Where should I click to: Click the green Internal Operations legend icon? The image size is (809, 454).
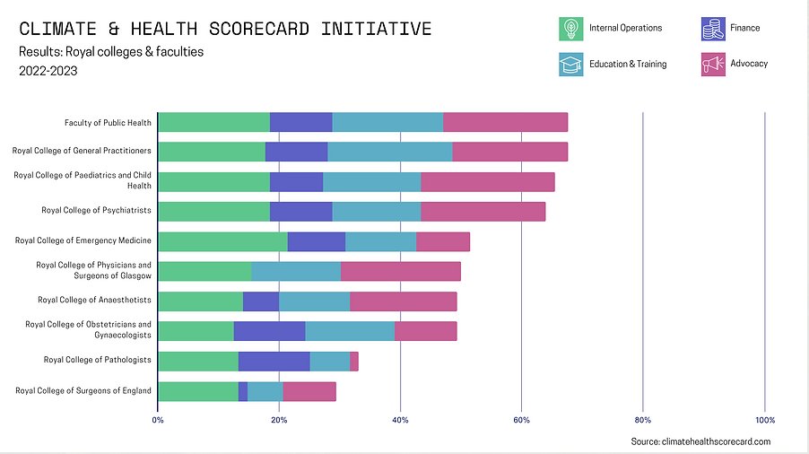click(x=570, y=29)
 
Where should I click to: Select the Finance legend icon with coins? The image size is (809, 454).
click(x=713, y=29)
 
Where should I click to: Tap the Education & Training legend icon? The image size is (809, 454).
click(x=570, y=64)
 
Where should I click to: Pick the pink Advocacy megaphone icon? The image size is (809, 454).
click(x=713, y=64)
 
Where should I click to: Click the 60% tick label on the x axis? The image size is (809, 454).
click(x=521, y=419)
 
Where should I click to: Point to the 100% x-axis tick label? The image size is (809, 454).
click(x=764, y=419)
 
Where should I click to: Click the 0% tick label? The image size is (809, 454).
click(x=158, y=419)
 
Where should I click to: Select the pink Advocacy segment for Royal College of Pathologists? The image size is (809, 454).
click(x=354, y=361)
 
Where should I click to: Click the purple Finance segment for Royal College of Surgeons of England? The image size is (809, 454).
click(x=243, y=391)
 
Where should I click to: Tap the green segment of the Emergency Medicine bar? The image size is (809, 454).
click(x=222, y=240)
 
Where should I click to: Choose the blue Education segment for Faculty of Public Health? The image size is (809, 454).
click(x=387, y=123)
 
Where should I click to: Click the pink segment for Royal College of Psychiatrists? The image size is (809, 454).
click(x=483, y=211)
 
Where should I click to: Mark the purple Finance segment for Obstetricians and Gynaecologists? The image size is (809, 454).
click(x=269, y=330)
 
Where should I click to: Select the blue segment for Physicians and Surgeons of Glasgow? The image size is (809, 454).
click(x=296, y=271)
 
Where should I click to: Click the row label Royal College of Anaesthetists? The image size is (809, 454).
click(x=94, y=300)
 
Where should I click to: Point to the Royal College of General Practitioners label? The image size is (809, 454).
click(x=82, y=151)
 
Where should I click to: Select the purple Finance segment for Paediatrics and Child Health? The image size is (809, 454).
click(x=296, y=181)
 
